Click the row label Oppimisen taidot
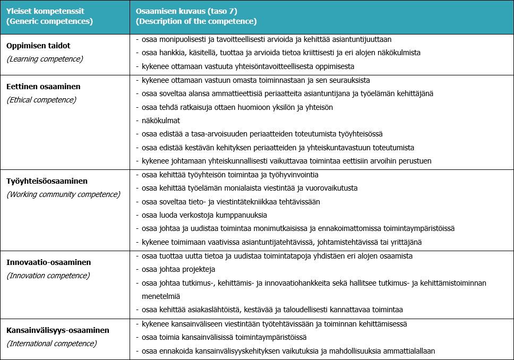pos(38,46)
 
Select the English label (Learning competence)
pos(45,59)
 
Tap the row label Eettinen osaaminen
pos(44,86)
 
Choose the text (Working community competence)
pos(63,194)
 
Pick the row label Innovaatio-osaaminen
pos(49,262)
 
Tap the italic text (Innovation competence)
pos(48,276)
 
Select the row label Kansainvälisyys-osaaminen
pos(58,330)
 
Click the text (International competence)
pos(52,344)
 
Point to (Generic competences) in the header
pos(49,22)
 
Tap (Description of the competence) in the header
pos(196,22)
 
